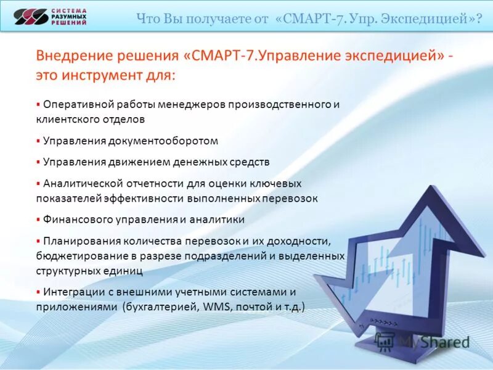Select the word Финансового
click(x=73, y=220)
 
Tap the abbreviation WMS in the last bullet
click(x=211, y=306)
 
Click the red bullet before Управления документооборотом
click(x=38, y=141)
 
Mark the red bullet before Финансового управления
click(x=38, y=219)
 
